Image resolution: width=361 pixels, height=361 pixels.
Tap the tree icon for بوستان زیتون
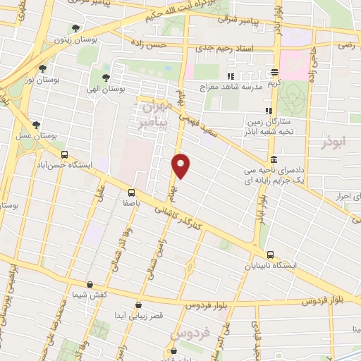75,29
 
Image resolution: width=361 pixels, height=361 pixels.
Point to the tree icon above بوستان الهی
105,78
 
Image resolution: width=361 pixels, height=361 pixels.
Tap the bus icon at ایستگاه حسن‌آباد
65,154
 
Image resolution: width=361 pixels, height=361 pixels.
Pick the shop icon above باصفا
131,192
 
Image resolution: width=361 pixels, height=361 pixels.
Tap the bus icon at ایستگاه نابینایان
269,255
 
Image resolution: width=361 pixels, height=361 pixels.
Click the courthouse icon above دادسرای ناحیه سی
273,160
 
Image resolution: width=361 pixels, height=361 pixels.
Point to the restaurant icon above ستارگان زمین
268,111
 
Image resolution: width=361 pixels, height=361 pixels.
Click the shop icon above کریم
274,72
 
